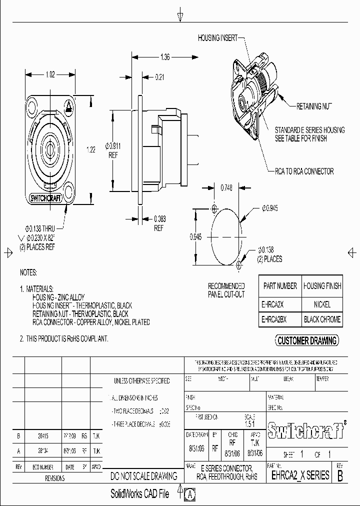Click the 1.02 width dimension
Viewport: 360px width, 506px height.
coord(50,74)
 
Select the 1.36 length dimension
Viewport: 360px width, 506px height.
coord(165,57)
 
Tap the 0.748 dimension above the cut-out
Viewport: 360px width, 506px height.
coord(227,188)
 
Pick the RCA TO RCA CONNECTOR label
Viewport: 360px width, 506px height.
coord(304,171)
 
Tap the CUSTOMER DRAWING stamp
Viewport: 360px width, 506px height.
coord(307,341)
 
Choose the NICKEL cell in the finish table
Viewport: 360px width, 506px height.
coord(322,304)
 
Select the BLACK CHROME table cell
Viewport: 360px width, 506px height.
coord(322,319)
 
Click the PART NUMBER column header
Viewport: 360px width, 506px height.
coord(280,286)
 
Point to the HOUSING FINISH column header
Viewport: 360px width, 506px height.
coord(322,286)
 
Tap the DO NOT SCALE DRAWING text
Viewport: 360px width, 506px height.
coord(144,476)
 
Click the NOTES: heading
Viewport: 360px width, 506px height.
coord(29,273)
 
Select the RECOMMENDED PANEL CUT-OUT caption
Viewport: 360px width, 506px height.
coord(226,290)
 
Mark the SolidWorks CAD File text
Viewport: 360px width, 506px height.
coord(139,494)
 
